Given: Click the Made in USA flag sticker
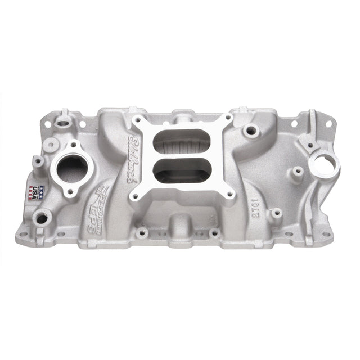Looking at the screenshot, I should click(35, 193).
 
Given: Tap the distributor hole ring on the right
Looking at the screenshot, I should click(324, 164).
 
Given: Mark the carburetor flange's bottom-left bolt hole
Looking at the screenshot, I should click(134, 197).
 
